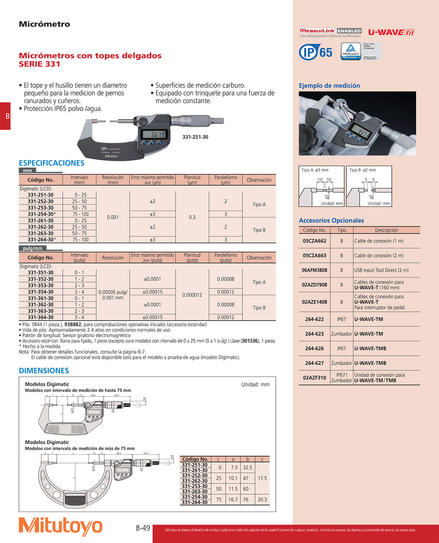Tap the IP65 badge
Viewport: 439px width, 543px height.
316,52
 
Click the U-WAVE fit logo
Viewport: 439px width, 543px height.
391,32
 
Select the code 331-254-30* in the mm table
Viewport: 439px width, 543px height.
42,214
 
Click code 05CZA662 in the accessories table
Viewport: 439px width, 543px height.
314,241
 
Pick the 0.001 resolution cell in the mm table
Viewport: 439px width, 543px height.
113,217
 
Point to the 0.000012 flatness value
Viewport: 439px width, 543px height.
192,295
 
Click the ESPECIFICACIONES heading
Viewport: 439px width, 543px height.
51,163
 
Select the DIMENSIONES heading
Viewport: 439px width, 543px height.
44,371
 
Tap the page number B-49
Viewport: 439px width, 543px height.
143,528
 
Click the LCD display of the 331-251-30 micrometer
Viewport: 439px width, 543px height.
158,134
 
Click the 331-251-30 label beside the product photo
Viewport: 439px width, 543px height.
195,137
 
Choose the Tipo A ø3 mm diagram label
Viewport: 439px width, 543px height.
315,170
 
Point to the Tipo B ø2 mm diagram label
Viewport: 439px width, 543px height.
362,170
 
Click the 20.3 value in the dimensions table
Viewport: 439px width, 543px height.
262,499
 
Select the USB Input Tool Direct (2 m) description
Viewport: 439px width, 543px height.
381,270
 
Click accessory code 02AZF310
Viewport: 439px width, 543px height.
314,377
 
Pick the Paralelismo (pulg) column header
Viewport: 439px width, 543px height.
226,258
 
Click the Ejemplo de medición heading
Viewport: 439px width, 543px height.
329,86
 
